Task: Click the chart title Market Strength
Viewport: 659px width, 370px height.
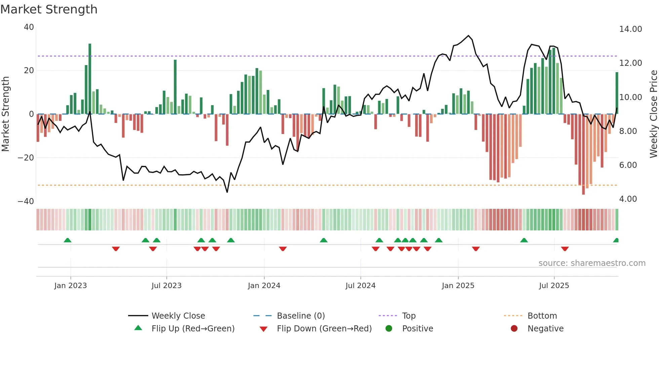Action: click(49, 9)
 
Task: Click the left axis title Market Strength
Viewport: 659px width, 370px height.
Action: click(6, 114)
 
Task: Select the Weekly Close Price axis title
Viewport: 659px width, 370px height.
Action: click(653, 114)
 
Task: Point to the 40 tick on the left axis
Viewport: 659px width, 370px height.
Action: click(29, 27)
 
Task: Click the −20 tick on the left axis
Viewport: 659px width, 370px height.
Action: click(26, 158)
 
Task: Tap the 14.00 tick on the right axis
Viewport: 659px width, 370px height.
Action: click(630, 29)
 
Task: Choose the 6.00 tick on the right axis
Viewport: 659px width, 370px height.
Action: click(628, 165)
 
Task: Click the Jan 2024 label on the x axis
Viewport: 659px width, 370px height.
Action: click(264, 286)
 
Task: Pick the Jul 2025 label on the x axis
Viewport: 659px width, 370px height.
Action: click(554, 286)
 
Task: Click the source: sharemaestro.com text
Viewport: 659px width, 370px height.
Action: click(592, 263)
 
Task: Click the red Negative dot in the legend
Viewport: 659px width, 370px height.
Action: click(514, 329)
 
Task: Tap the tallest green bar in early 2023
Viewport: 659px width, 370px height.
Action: click(90, 79)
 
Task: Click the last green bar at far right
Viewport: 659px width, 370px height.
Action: click(617, 93)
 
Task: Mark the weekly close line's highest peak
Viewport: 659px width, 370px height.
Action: click(468, 36)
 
